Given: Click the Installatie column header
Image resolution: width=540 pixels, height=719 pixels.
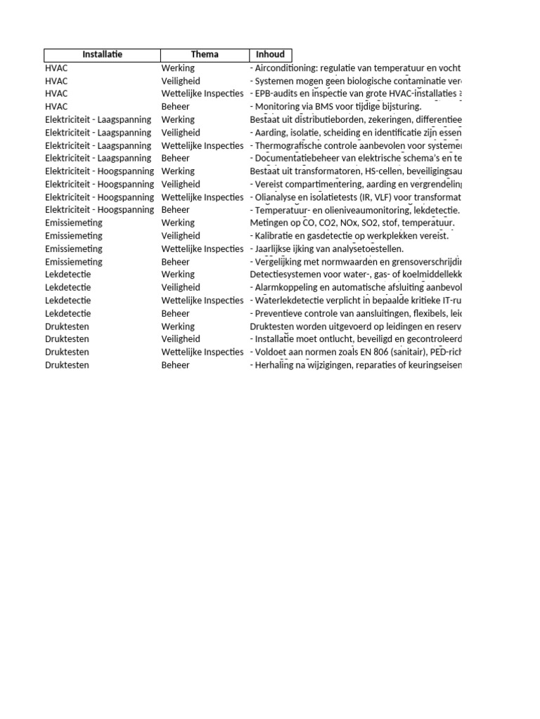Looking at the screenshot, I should (102, 55).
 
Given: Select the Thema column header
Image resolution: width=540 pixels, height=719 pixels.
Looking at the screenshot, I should (205, 55).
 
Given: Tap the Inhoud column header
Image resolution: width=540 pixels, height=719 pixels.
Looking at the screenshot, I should (270, 55).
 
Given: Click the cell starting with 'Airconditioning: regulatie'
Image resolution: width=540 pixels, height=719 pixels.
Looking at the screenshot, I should (355, 68).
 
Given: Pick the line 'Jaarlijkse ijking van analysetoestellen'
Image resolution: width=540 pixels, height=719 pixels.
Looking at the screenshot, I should (327, 249).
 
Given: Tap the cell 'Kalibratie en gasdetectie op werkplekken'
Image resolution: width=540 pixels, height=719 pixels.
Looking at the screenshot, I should (349, 236).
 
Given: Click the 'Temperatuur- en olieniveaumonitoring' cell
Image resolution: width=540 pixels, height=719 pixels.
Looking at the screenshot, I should (355, 210).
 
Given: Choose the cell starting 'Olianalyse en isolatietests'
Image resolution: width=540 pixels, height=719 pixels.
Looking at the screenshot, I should (355, 197).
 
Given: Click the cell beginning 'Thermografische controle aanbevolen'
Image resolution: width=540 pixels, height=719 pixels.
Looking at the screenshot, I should (355, 145).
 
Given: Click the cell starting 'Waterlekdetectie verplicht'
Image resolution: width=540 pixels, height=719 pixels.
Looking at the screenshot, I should (355, 301).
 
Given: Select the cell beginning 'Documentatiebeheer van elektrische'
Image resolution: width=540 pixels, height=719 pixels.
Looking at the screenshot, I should (355, 159).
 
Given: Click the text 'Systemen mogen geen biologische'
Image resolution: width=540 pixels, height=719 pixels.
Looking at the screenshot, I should (355, 81).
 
